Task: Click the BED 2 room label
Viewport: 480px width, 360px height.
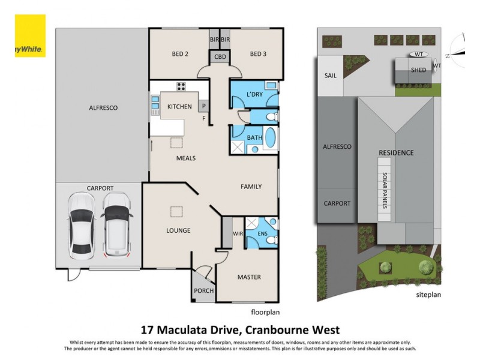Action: pyautogui.click(x=180, y=54)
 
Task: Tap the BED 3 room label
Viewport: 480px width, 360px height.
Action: pyautogui.click(x=257, y=54)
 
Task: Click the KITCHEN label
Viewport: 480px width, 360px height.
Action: pyautogui.click(x=179, y=107)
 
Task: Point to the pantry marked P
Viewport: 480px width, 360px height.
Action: pyautogui.click(x=203, y=107)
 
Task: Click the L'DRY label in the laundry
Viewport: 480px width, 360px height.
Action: pyautogui.click(x=254, y=94)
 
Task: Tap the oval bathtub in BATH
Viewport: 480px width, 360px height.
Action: pyautogui.click(x=271, y=138)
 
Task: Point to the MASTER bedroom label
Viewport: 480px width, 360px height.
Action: pyautogui.click(x=248, y=277)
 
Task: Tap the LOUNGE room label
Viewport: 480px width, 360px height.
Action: pyautogui.click(x=178, y=230)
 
